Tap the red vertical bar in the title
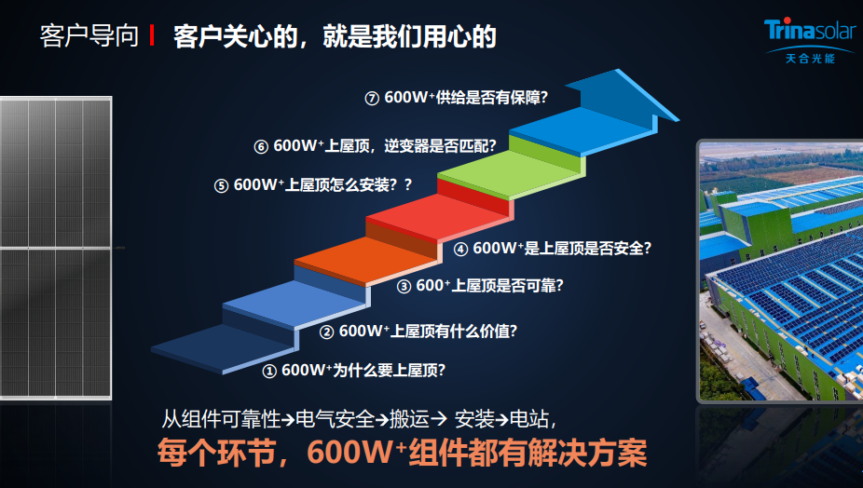(x=151, y=35)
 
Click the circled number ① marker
(x=269, y=372)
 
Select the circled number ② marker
(x=327, y=332)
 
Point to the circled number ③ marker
(x=404, y=287)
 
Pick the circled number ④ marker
(x=460, y=250)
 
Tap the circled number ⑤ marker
(x=221, y=186)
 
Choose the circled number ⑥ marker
(x=261, y=147)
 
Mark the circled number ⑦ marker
(x=372, y=99)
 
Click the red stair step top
(x=439, y=217)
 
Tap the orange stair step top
(x=367, y=260)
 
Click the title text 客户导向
(x=89, y=35)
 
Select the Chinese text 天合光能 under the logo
(x=810, y=59)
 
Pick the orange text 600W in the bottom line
(x=349, y=453)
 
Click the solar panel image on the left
(x=56, y=248)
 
